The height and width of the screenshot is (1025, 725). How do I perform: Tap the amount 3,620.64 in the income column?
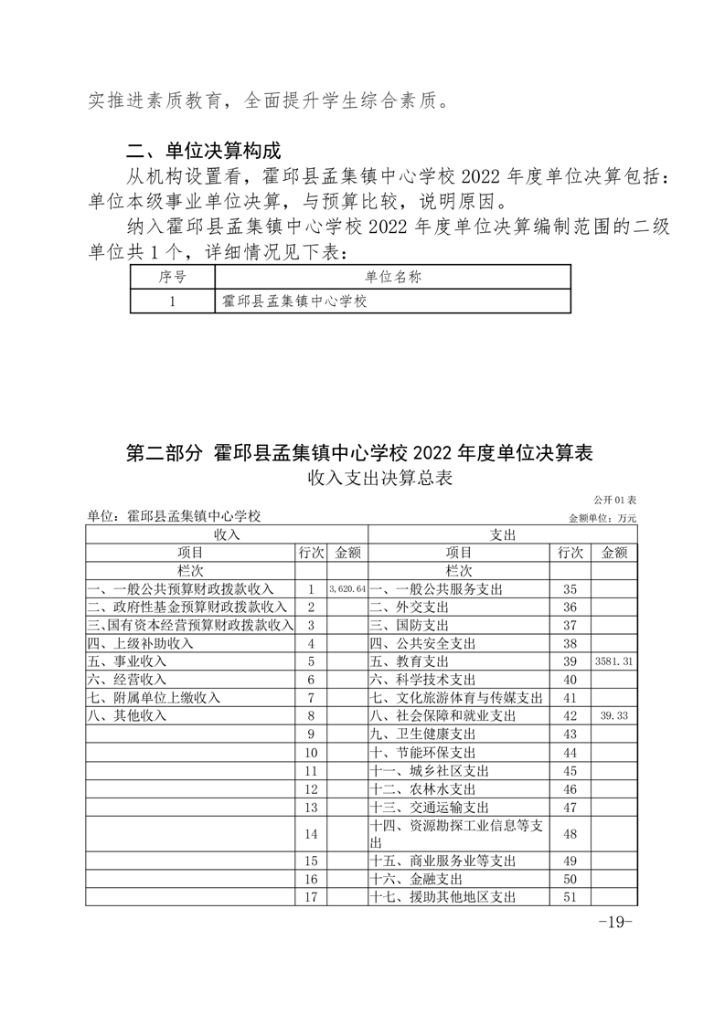(x=347, y=590)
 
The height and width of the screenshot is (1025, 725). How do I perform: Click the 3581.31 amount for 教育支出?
(x=613, y=660)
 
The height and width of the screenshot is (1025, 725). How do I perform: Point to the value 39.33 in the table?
(x=613, y=716)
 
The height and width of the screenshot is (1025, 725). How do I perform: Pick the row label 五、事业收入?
(x=127, y=660)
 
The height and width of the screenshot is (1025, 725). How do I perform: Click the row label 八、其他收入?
(x=127, y=716)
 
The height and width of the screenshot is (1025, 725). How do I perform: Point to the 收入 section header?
(x=226, y=534)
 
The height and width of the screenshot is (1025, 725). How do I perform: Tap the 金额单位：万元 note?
(x=602, y=518)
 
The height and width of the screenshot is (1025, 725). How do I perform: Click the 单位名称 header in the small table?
(x=393, y=278)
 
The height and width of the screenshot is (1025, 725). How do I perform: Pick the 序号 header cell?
(x=172, y=278)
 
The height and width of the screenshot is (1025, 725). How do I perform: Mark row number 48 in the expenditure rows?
(x=569, y=834)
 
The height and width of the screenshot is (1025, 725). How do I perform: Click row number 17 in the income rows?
(x=311, y=897)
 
